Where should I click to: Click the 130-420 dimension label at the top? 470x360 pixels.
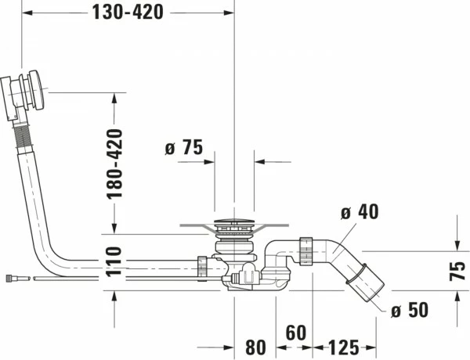(128, 13)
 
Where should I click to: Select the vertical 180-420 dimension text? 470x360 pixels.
(114, 164)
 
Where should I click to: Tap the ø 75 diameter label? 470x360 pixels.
(184, 147)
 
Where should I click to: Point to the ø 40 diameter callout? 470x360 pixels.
(360, 211)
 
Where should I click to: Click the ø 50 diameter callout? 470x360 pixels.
(410, 310)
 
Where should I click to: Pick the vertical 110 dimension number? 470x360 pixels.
(114, 261)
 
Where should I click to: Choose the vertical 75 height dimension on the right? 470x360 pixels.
(457, 271)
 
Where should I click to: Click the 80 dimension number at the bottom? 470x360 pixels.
(255, 347)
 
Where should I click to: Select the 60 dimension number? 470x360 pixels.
(296, 333)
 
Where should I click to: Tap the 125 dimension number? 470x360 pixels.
(344, 347)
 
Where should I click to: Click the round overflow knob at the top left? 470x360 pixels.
(37, 90)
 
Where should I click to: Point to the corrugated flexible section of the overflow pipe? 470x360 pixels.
(23, 136)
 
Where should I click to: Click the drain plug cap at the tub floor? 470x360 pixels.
(234, 222)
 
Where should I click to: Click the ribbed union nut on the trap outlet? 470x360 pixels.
(306, 250)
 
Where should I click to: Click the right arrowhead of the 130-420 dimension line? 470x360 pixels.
(230, 13)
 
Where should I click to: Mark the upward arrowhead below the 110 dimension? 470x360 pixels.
(114, 297)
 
